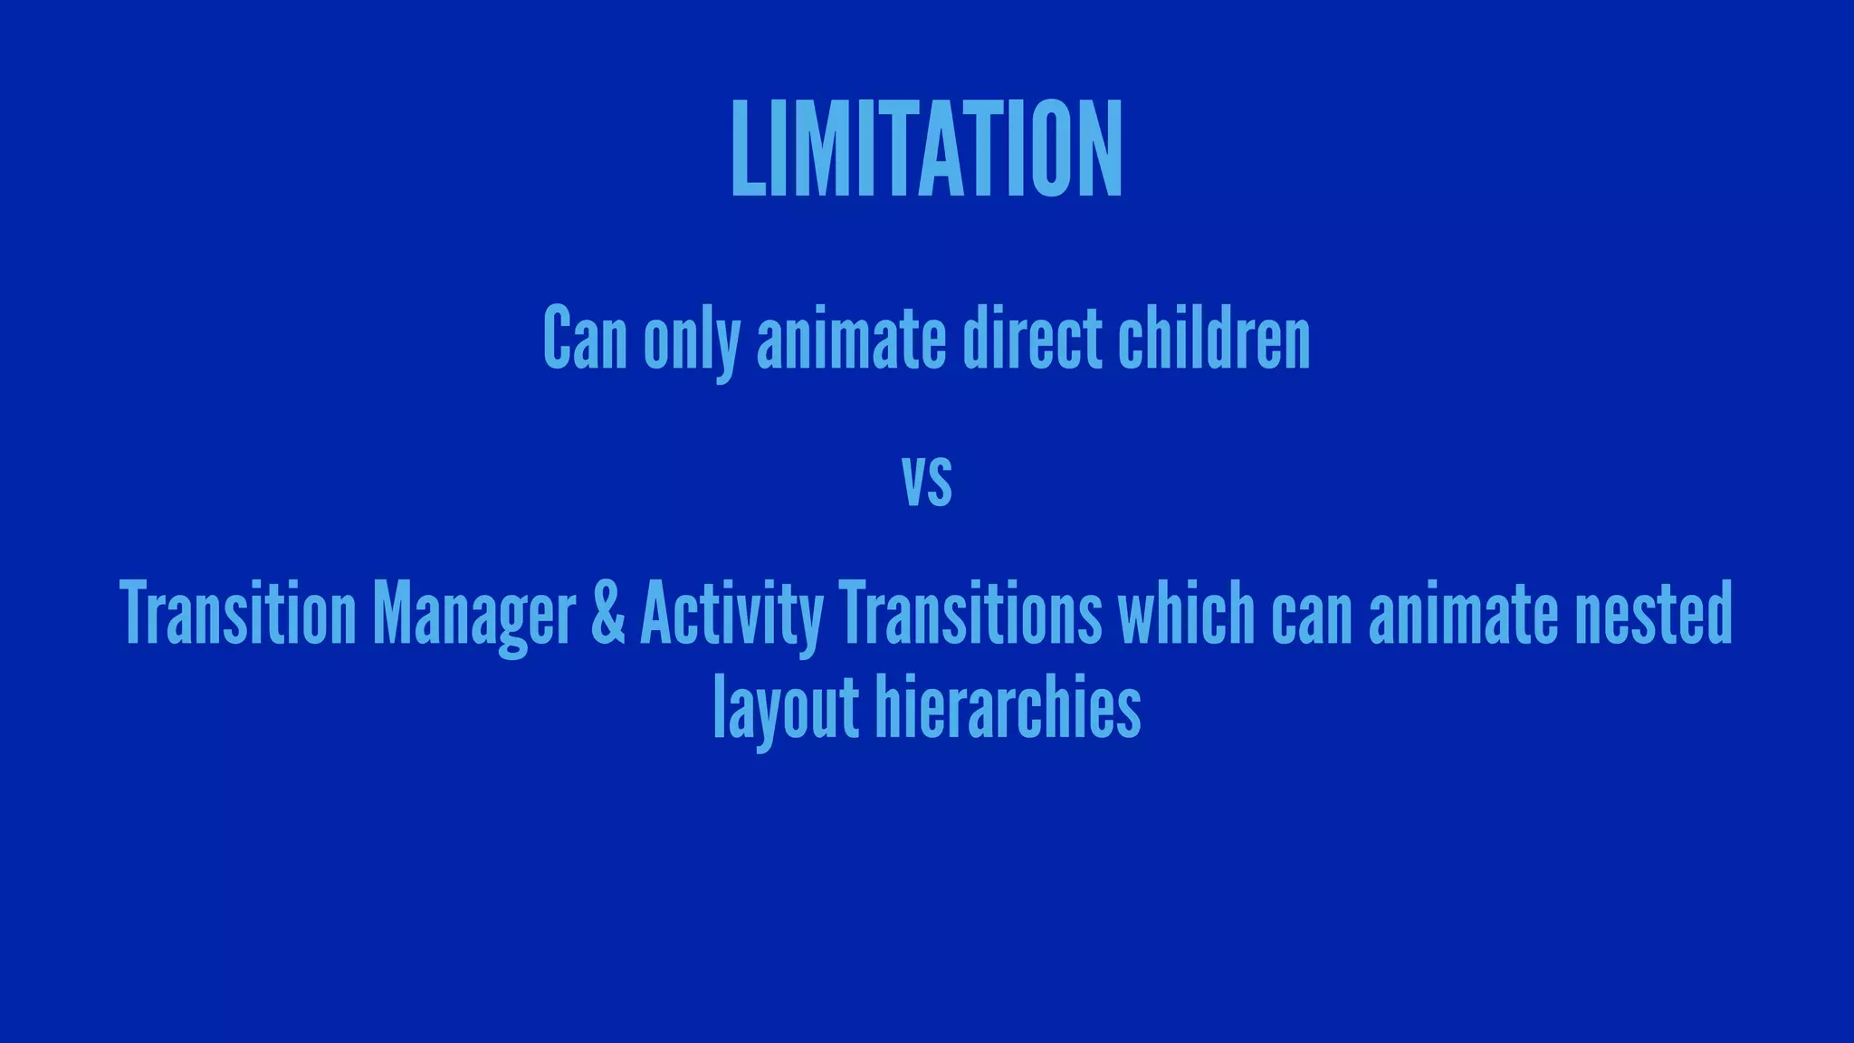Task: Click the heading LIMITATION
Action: click(x=926, y=148)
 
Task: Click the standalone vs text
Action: click(x=927, y=482)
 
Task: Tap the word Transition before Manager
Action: click(x=238, y=613)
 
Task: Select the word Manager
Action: click(x=473, y=616)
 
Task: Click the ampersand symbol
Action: click(x=607, y=613)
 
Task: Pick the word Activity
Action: click(x=731, y=616)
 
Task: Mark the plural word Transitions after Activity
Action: click(x=970, y=613)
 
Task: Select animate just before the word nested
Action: click(x=1463, y=613)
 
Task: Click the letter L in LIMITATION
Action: click(x=748, y=148)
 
